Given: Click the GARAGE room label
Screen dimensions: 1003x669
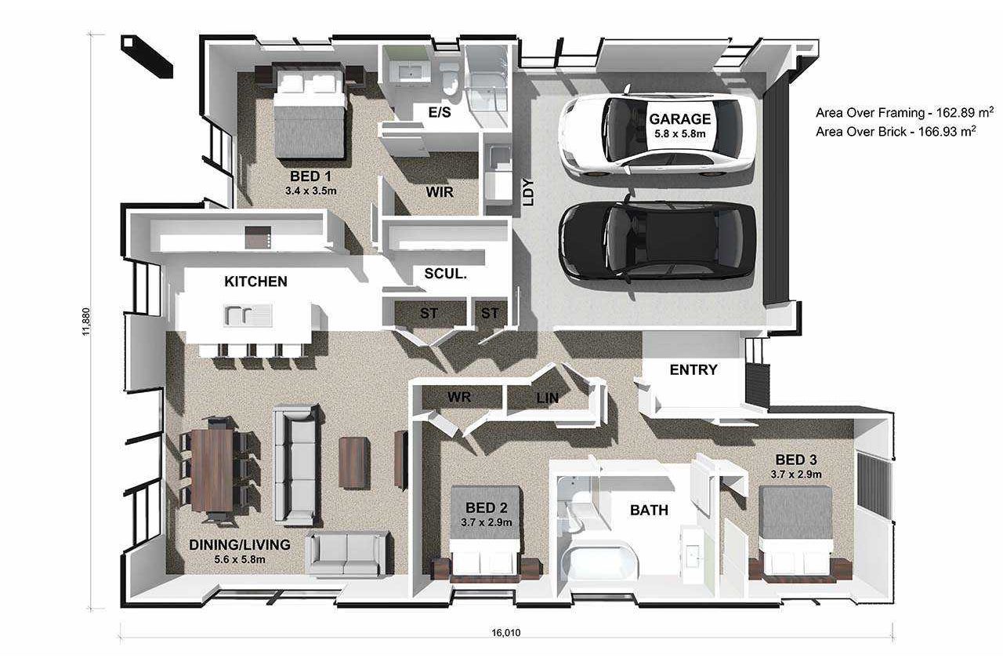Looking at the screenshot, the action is tap(679, 119).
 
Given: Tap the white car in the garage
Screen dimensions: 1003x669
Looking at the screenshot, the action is tap(656, 135).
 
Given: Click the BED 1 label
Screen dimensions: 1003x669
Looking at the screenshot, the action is tap(311, 176).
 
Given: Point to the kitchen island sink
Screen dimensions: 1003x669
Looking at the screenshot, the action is tap(247, 315).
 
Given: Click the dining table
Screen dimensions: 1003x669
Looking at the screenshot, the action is tap(212, 471).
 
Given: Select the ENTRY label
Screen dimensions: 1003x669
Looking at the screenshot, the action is tap(693, 369).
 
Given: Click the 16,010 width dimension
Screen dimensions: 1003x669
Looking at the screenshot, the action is tap(506, 633).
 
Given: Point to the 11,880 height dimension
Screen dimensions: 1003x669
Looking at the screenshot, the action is tap(85, 322).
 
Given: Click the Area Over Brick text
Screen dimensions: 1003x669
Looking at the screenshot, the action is tap(896, 131).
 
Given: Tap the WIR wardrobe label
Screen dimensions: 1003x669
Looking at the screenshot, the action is tap(440, 192).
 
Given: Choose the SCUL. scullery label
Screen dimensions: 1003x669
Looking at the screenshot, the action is tap(445, 274).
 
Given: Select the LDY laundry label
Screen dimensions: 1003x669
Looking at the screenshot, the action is tap(529, 192).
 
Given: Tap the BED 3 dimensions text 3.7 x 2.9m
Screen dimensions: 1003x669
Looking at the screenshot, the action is tap(795, 474).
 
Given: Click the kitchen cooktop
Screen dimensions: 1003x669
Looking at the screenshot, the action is tap(258, 237).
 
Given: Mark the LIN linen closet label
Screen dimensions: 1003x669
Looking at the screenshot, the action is tap(547, 398).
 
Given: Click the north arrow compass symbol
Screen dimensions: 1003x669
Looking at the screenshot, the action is tap(147, 56).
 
